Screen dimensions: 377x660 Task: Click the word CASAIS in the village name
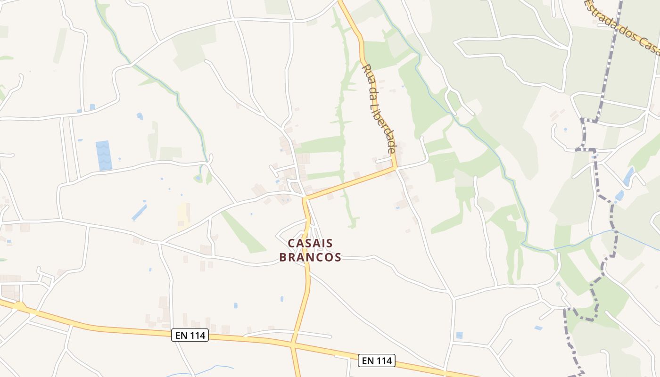click(x=310, y=243)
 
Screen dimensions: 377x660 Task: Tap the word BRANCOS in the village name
click(x=310, y=257)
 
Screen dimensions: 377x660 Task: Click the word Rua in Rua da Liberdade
click(x=366, y=71)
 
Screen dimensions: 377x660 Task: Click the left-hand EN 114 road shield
click(x=190, y=336)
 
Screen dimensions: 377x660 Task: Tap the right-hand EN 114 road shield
click(x=376, y=361)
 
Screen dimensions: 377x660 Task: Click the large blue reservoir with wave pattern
click(x=104, y=155)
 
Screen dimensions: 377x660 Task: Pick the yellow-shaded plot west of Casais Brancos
click(x=183, y=215)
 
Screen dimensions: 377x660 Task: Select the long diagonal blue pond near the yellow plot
click(x=139, y=212)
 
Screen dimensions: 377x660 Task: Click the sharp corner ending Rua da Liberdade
click(x=396, y=167)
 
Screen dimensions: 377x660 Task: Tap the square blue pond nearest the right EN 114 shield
click(x=459, y=335)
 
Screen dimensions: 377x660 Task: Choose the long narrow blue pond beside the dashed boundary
click(x=628, y=176)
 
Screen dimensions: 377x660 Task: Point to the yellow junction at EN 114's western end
click(x=20, y=307)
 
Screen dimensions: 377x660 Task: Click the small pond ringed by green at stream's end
click(x=198, y=178)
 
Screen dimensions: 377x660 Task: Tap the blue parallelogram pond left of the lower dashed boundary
click(x=538, y=328)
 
